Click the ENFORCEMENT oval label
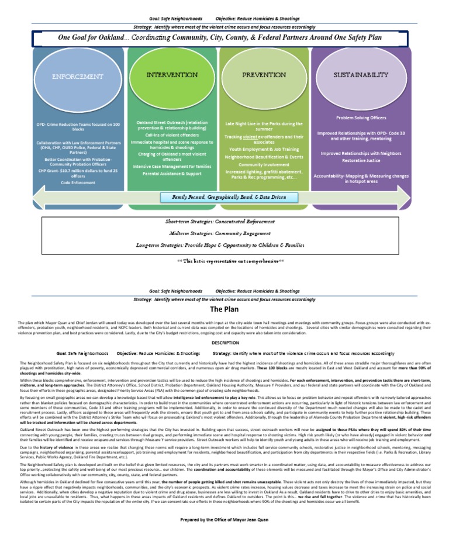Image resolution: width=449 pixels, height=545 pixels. click(78, 77)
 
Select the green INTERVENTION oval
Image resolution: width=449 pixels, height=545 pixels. click(171, 75)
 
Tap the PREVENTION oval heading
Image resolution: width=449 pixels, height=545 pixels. click(264, 75)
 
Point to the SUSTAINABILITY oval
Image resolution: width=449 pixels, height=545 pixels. click(360, 75)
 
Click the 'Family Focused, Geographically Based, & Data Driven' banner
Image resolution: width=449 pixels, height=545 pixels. click(225, 198)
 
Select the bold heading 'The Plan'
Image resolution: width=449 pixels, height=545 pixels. click(224, 309)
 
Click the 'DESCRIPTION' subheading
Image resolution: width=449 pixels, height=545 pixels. click(224, 342)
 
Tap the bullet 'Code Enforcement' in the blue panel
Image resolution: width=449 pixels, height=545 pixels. click(78, 183)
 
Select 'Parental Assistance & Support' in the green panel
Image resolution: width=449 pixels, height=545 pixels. click(172, 174)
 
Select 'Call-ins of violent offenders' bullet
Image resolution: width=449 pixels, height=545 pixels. click(172, 134)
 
